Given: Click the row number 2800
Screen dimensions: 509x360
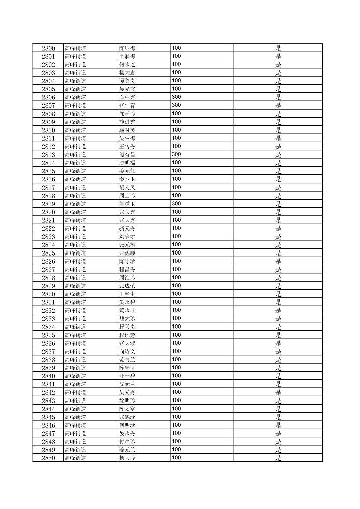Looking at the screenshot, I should pos(48,48).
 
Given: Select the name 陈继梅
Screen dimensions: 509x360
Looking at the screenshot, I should pos(127,48).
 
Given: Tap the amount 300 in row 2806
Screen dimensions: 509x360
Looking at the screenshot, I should pos(176,97).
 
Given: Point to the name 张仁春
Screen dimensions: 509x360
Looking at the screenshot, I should pos(127,105).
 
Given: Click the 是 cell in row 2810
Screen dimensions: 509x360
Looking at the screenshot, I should pos(278,130).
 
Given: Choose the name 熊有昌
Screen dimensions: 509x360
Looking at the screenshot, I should pos(127,155).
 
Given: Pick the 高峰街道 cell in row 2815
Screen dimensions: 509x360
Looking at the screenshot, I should pos(75,171).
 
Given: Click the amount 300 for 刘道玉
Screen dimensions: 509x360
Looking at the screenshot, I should pos(176,204).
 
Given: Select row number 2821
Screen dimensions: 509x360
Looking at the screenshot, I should pos(48,220).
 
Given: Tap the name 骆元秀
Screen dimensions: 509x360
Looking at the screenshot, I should pos(127,228).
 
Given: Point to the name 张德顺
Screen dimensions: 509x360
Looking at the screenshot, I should pos(127,253).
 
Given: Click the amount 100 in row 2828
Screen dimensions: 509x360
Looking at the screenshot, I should pos(176,278).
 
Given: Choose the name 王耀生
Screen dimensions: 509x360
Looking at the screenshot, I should pos(127,294).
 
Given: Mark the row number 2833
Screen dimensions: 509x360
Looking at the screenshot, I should pos(48,319).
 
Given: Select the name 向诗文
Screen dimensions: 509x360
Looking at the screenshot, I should pos(127,351).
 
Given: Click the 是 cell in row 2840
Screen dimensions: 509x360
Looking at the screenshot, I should pos(278,376).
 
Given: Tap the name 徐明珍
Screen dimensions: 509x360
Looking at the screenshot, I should pos(127,401).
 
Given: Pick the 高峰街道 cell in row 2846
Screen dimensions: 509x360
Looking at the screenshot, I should pos(75,425).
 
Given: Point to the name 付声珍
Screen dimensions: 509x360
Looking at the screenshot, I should pos(127,442).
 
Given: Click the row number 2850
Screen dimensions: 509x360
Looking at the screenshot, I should pos(48,458).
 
